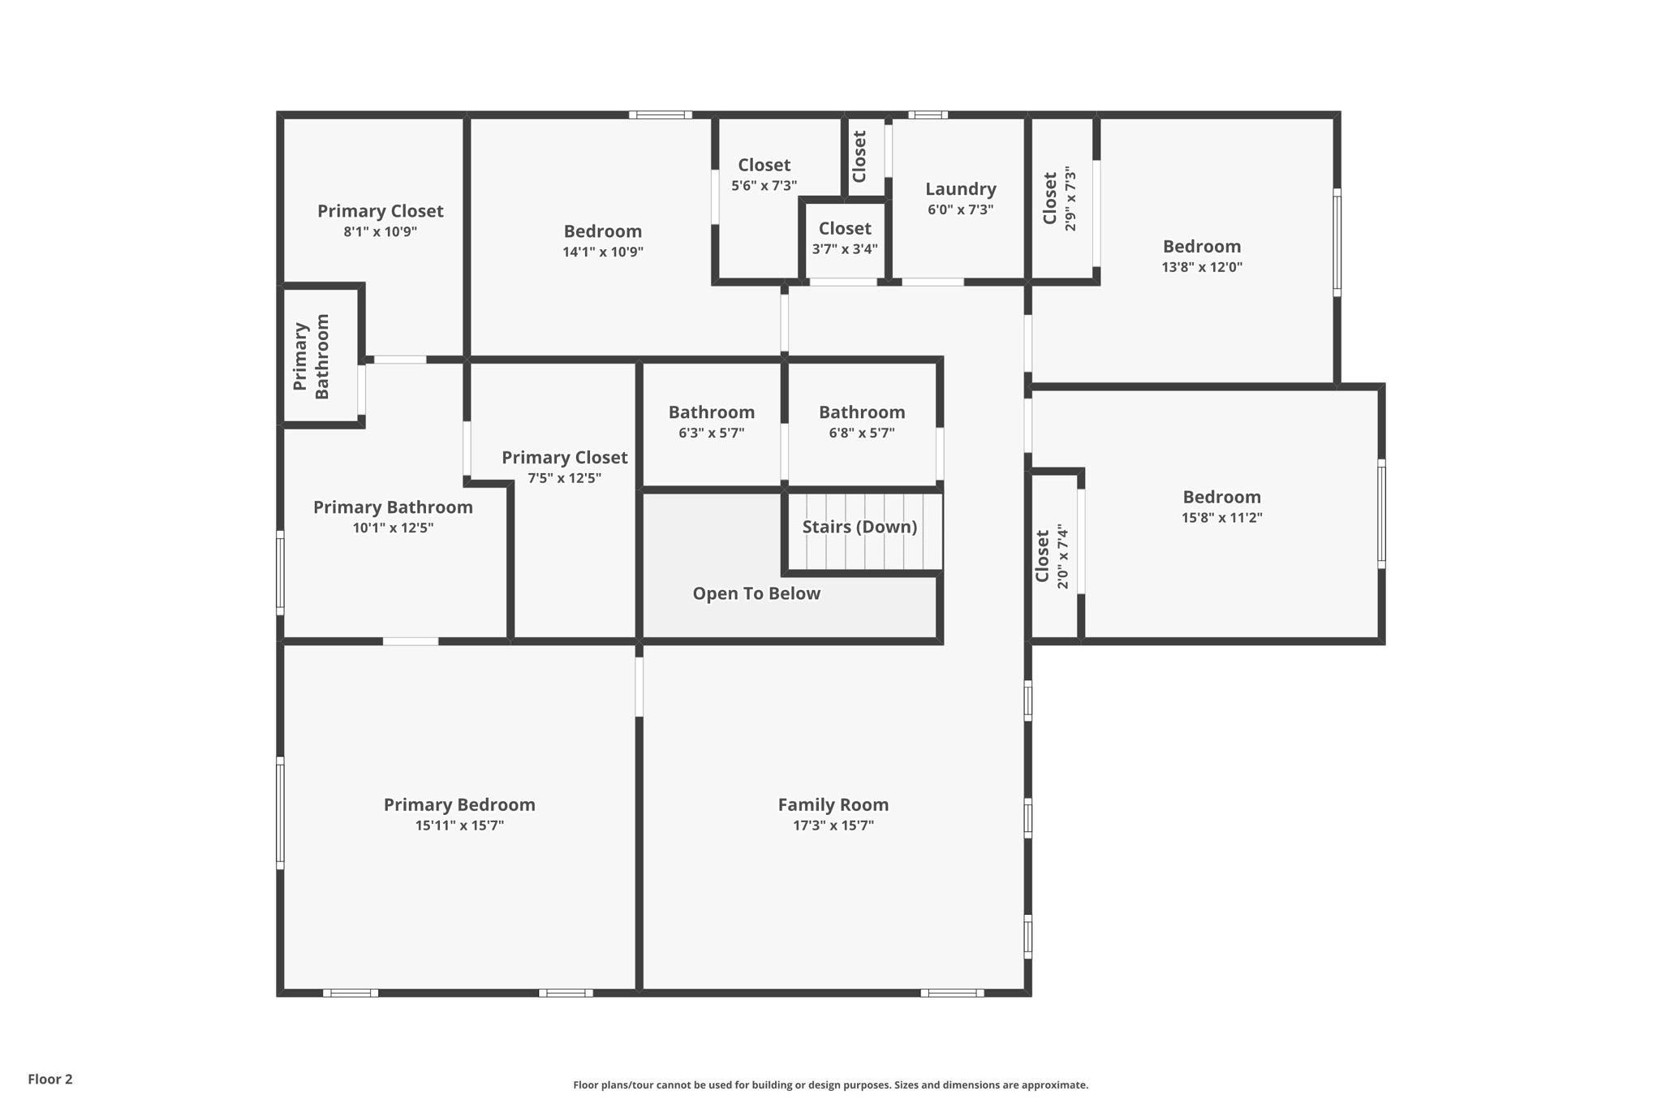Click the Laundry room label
[960, 189]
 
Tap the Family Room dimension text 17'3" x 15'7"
[833, 826]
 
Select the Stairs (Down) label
[859, 527]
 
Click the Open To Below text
[756, 593]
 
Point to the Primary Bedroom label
[459, 804]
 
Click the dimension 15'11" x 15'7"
[459, 826]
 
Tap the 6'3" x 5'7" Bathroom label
[711, 412]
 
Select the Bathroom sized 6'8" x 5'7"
[861, 412]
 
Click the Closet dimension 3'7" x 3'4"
[844, 249]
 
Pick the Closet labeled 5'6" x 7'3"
[764, 166]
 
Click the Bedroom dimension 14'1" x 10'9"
[602, 252]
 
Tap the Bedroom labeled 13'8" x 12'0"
[1201, 247]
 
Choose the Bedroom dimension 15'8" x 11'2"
[1221, 518]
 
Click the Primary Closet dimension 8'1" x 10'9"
[380, 231]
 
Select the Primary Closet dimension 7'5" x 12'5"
[564, 478]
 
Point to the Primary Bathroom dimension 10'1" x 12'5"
[393, 528]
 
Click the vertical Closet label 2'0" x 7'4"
[1043, 556]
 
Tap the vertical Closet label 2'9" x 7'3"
[1050, 199]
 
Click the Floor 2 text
[50, 1079]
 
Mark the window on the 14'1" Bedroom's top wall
[660, 115]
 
